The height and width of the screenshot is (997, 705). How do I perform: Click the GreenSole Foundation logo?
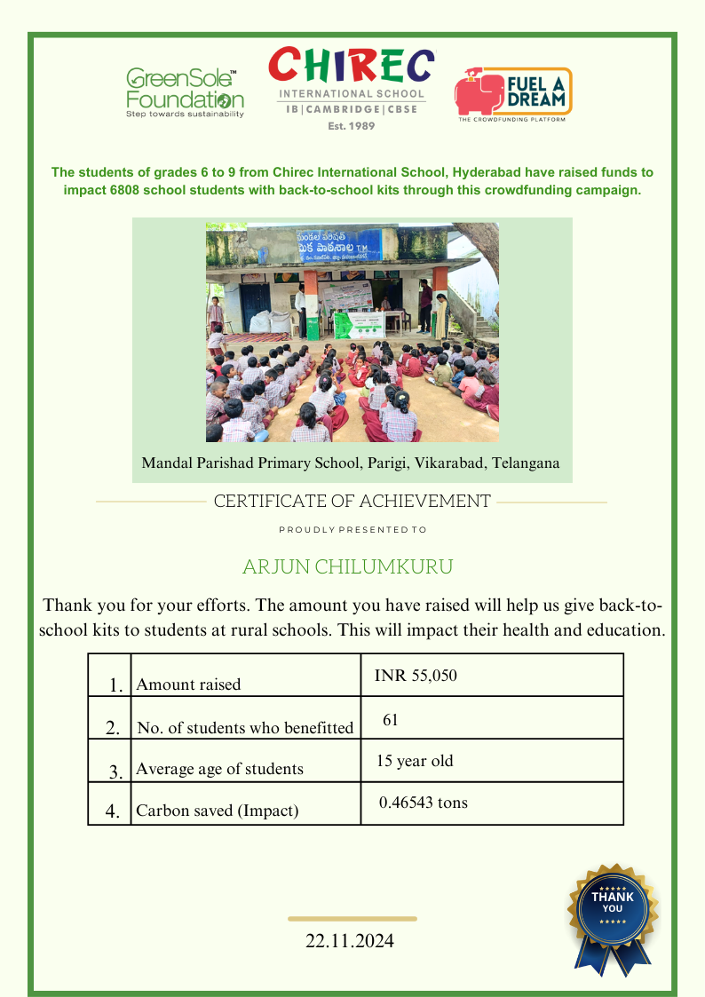[185, 93]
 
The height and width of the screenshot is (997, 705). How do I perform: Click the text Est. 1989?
[352, 126]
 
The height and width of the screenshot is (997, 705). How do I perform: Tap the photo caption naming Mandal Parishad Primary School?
[351, 463]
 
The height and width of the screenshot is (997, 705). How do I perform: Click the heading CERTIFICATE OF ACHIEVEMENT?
[352, 501]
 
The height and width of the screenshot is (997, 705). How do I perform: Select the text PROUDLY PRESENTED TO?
[352, 529]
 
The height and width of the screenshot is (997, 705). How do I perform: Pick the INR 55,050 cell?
[416, 676]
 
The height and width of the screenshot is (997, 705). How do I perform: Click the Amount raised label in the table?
[188, 684]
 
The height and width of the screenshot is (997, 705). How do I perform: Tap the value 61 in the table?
[390, 720]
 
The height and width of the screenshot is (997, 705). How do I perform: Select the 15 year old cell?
[415, 761]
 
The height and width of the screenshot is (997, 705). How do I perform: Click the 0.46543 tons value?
[423, 803]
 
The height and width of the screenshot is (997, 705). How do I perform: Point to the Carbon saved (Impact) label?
[217, 811]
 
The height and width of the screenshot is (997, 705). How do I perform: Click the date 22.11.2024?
[350, 941]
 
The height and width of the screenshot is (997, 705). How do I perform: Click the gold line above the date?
[352, 919]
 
